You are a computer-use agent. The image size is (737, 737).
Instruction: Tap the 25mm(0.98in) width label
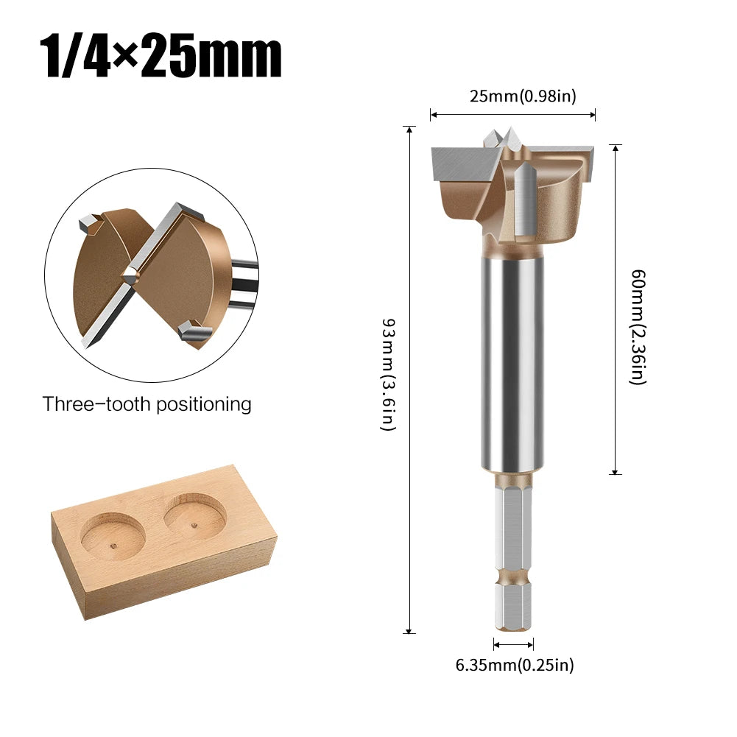(523, 96)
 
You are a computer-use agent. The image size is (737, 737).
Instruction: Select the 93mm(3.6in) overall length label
(389, 375)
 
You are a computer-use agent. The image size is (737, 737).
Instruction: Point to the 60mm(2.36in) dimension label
(638, 327)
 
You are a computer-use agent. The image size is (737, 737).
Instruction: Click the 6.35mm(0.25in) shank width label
(515, 665)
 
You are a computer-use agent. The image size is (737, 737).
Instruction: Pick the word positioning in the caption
(204, 405)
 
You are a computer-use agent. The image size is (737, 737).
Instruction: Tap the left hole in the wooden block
(113, 536)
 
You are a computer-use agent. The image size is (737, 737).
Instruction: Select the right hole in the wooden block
(195, 515)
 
